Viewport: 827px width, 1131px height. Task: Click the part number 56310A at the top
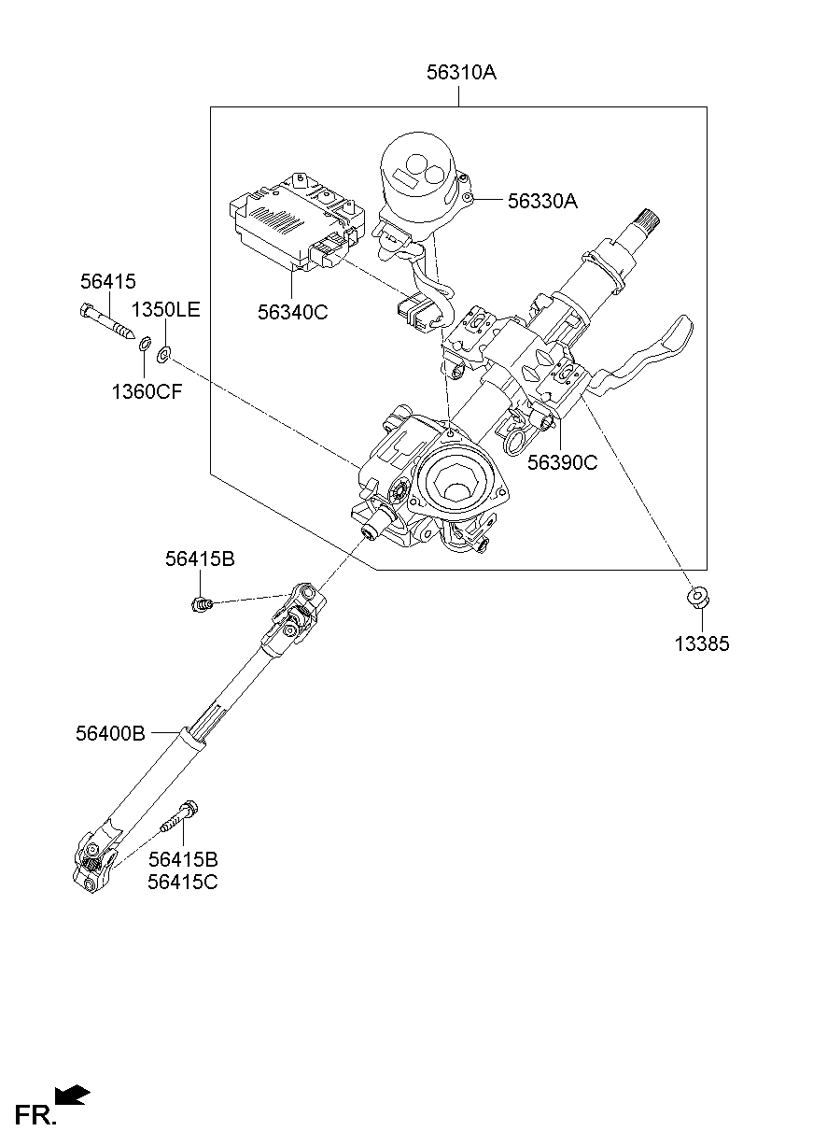(x=461, y=72)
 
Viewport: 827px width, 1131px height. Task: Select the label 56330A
(x=542, y=200)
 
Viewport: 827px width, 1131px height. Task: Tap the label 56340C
(x=293, y=312)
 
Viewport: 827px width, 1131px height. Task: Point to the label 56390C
(x=562, y=461)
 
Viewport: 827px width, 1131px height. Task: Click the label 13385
(x=703, y=643)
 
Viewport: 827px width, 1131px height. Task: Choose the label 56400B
(x=110, y=734)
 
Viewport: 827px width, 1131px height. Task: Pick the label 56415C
(x=182, y=881)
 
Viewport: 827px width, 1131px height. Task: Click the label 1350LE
(x=165, y=310)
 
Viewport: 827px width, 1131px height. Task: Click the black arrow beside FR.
(x=73, y=1095)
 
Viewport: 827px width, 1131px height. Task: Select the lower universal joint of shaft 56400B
(x=94, y=860)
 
